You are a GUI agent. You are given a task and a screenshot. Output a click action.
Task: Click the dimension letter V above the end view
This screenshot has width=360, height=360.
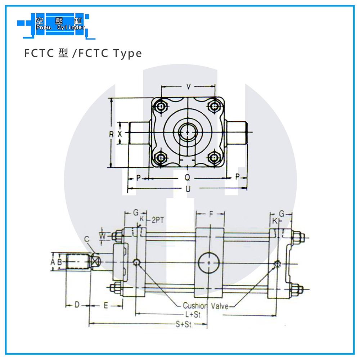pos(188,86)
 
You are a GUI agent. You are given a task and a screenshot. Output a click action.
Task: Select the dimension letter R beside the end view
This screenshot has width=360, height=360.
pos(112,134)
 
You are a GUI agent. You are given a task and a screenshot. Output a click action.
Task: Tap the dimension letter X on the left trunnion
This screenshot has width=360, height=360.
pos(120,134)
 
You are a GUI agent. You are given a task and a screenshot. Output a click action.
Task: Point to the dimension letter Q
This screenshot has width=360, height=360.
pos(187,177)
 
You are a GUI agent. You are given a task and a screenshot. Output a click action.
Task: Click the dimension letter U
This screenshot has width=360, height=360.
pos(188,189)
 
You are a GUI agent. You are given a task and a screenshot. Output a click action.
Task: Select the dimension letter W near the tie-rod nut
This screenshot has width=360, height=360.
pos(103,236)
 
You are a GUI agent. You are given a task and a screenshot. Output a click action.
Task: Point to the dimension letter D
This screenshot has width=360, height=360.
pos(77,306)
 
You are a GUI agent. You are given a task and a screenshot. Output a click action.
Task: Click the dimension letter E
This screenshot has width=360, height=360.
pos(105,306)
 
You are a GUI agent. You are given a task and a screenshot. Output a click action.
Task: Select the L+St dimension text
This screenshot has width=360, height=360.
pos(193,314)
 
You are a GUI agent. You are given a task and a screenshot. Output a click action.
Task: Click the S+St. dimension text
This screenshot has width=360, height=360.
pos(184,324)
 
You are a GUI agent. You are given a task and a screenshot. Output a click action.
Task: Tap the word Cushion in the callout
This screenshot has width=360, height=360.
pos(195,306)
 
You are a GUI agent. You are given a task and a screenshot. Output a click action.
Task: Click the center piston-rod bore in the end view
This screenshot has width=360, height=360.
pos(187,132)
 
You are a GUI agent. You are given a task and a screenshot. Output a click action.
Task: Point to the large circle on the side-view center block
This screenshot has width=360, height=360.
pos(209,263)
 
